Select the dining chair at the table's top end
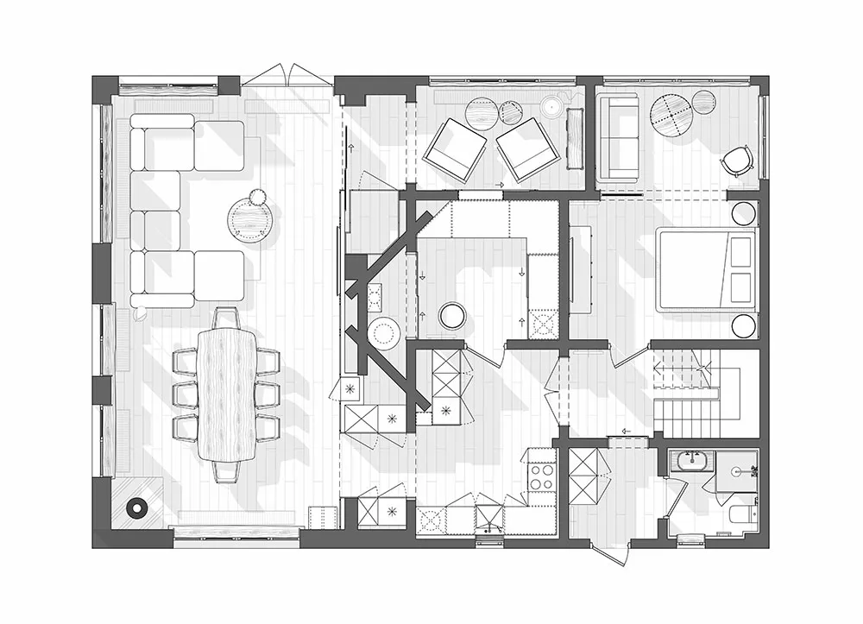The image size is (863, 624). pyautogui.click(x=226, y=318)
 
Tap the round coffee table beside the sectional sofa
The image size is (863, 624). pyautogui.click(x=249, y=217)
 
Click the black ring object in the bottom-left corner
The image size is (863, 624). pyautogui.click(x=136, y=508)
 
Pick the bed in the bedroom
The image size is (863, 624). pyautogui.click(x=706, y=268)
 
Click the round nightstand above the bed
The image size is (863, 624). pyautogui.click(x=744, y=213)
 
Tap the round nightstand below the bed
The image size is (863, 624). pyautogui.click(x=744, y=325)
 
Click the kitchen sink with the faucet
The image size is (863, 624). pyautogui.click(x=489, y=518)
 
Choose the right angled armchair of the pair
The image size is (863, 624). pyautogui.click(x=526, y=148)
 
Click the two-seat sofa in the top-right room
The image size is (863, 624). pyautogui.click(x=616, y=137)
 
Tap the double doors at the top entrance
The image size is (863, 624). pyautogui.click(x=288, y=76)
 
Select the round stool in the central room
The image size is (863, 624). pyautogui.click(x=451, y=316)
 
